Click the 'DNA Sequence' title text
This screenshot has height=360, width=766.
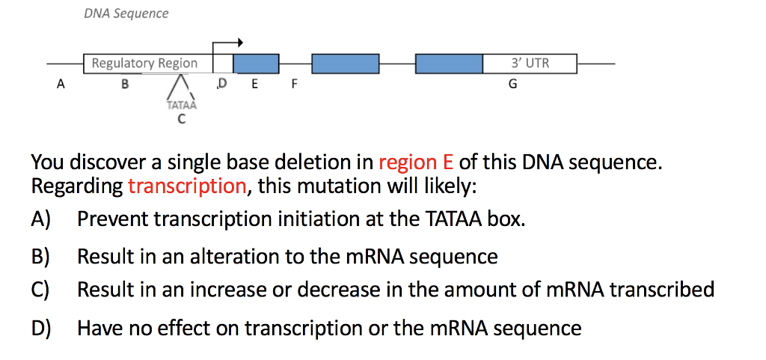tap(126, 13)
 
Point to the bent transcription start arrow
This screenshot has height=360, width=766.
tap(228, 43)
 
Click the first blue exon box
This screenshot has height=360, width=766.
tap(256, 64)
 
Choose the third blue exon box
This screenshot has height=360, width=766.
tap(449, 64)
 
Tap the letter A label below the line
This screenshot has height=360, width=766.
tap(61, 85)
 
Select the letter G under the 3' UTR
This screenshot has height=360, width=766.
tap(512, 85)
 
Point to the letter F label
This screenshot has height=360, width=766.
tap(294, 85)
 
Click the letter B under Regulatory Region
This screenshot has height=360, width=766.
tap(125, 85)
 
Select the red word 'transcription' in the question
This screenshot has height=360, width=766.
tap(186, 186)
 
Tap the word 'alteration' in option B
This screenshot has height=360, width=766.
tap(232, 257)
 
